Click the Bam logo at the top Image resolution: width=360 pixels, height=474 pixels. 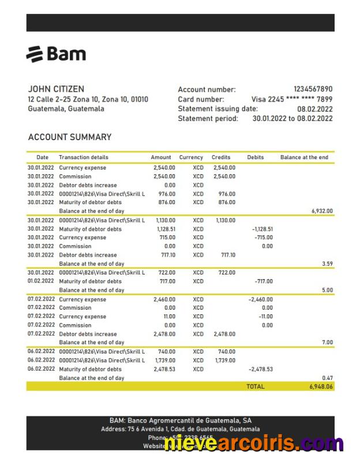point(56,54)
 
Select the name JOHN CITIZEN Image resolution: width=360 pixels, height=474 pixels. point(56,89)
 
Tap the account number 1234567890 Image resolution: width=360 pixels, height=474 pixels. point(313,89)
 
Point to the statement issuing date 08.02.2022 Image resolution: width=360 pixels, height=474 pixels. point(314,109)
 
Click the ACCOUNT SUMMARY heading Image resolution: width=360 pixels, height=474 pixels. point(70,137)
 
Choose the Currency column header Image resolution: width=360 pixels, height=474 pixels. point(191,157)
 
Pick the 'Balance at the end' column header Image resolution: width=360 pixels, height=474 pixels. point(304,157)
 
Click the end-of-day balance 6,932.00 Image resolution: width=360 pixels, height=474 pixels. point(322,211)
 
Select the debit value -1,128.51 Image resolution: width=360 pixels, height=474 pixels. point(262,229)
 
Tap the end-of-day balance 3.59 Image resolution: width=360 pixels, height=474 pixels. point(327,264)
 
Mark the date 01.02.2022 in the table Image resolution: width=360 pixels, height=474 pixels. point(41,281)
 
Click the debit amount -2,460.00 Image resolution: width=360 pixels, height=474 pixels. point(260,300)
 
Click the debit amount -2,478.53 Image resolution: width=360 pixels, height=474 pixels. point(260,369)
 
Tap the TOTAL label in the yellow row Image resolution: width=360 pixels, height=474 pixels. point(255,386)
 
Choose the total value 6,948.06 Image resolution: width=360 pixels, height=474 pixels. point(321,386)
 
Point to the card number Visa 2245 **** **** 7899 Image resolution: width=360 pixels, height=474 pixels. point(291,99)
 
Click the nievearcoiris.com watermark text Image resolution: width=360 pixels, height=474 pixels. point(254,443)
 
